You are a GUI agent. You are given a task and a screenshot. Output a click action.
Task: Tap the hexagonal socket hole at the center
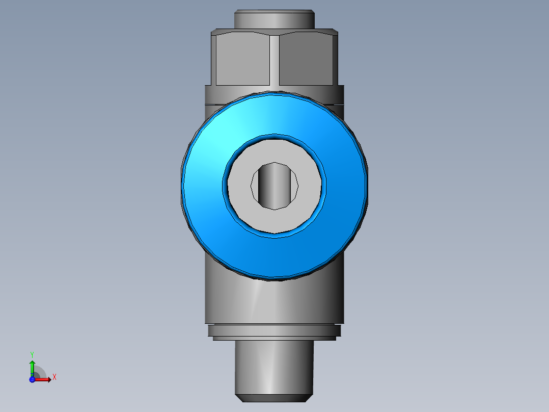(274, 186)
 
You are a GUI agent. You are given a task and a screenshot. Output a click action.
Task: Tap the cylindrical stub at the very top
(274, 19)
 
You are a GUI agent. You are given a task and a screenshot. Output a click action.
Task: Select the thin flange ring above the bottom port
(274, 330)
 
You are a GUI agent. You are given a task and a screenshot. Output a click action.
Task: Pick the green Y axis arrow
(32, 366)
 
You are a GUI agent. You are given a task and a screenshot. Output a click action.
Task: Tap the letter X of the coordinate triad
(54, 377)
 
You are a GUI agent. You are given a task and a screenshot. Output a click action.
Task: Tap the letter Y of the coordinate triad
(32, 354)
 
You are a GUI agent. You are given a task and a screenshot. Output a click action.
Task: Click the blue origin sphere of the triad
(32, 379)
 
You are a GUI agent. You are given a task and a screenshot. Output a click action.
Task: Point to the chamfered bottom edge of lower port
(274, 397)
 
